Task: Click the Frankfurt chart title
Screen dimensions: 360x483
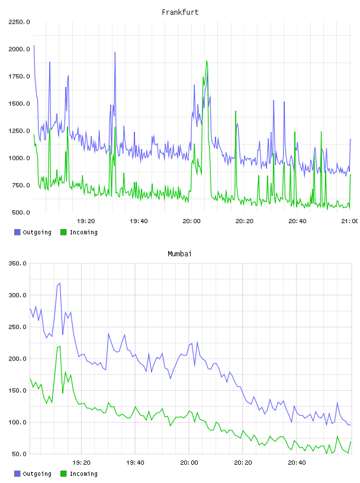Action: coord(180,12)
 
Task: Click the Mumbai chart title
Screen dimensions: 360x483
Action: coord(179,254)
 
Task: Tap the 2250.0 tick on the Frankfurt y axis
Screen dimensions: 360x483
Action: coord(19,22)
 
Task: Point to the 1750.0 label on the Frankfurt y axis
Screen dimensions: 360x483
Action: coord(19,76)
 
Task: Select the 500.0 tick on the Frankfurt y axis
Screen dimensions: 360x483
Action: coord(21,212)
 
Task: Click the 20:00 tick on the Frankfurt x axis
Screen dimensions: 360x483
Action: coord(191,221)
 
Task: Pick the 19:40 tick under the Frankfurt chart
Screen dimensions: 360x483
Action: coord(139,221)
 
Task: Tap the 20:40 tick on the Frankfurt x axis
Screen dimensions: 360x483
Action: coord(297,221)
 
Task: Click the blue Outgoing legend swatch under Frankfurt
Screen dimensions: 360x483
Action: coord(17,232)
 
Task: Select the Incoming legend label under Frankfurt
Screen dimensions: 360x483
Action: coord(83,232)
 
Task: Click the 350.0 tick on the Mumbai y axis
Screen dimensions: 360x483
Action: coord(18,263)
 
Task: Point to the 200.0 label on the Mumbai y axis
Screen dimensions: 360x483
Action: coord(18,359)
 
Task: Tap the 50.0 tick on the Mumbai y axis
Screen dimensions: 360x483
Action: coord(19,454)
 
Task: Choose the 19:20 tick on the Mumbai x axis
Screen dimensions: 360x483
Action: coord(81,463)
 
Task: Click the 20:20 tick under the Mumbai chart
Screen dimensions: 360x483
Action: coord(243,463)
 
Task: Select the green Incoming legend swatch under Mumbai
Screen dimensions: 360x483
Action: coord(63,474)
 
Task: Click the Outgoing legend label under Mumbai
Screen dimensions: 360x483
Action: coord(37,474)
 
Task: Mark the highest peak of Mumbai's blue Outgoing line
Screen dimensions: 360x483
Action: coord(60,283)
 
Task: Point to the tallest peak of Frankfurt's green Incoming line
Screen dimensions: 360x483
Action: coord(207,61)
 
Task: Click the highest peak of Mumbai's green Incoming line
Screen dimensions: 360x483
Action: coord(60,346)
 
